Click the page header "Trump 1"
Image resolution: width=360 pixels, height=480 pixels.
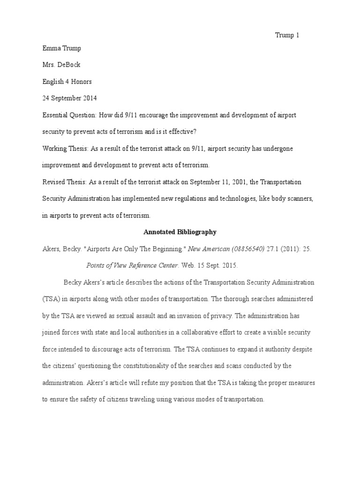286,36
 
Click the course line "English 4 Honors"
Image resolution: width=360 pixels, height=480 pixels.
67,82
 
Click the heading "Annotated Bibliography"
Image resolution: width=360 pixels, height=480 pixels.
180,232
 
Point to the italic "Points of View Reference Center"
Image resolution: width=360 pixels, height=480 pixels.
132,265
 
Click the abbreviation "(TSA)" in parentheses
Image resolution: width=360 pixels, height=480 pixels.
51,299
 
